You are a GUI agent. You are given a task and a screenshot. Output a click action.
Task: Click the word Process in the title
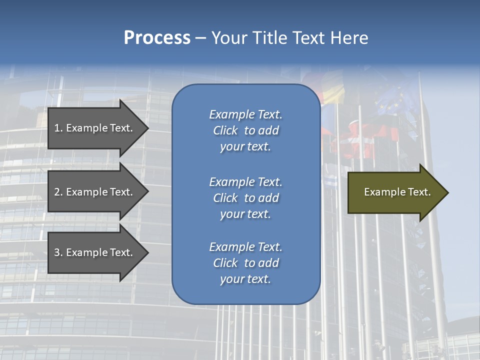(157, 38)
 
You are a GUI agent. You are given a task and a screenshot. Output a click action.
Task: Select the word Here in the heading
(349, 38)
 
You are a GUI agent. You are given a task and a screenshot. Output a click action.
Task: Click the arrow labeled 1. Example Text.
(95, 128)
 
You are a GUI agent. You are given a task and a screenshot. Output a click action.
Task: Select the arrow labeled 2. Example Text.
(95, 192)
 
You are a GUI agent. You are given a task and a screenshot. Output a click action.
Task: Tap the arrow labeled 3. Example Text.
(95, 252)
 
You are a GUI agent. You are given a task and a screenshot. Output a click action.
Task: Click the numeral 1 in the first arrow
(57, 128)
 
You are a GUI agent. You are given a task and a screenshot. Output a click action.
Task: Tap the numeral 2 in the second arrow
(57, 192)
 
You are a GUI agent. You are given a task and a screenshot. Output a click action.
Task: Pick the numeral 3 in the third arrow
(57, 252)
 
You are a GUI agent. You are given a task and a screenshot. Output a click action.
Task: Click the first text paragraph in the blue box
(245, 130)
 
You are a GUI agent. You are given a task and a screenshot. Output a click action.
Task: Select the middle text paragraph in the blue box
(245, 198)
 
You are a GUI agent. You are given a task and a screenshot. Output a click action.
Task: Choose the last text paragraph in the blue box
(245, 263)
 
